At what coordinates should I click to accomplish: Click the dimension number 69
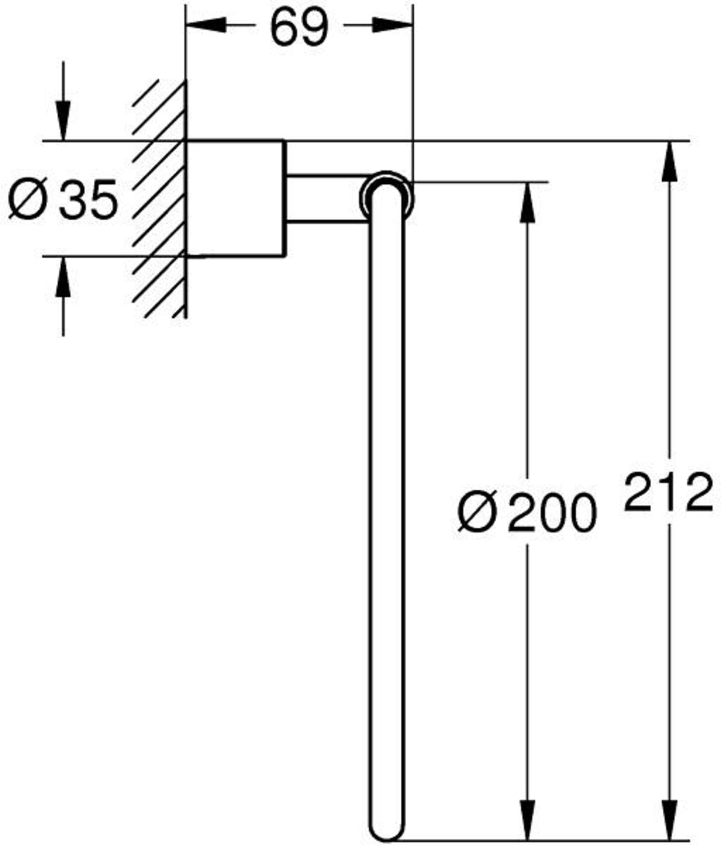(299, 27)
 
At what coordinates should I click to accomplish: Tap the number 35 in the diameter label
(88, 199)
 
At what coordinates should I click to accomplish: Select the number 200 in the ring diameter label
(553, 512)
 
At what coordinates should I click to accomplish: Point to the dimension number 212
(669, 493)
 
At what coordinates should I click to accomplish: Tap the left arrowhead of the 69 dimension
(206, 25)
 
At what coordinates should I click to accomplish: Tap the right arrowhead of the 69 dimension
(392, 25)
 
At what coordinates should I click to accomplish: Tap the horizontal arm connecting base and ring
(325, 197)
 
